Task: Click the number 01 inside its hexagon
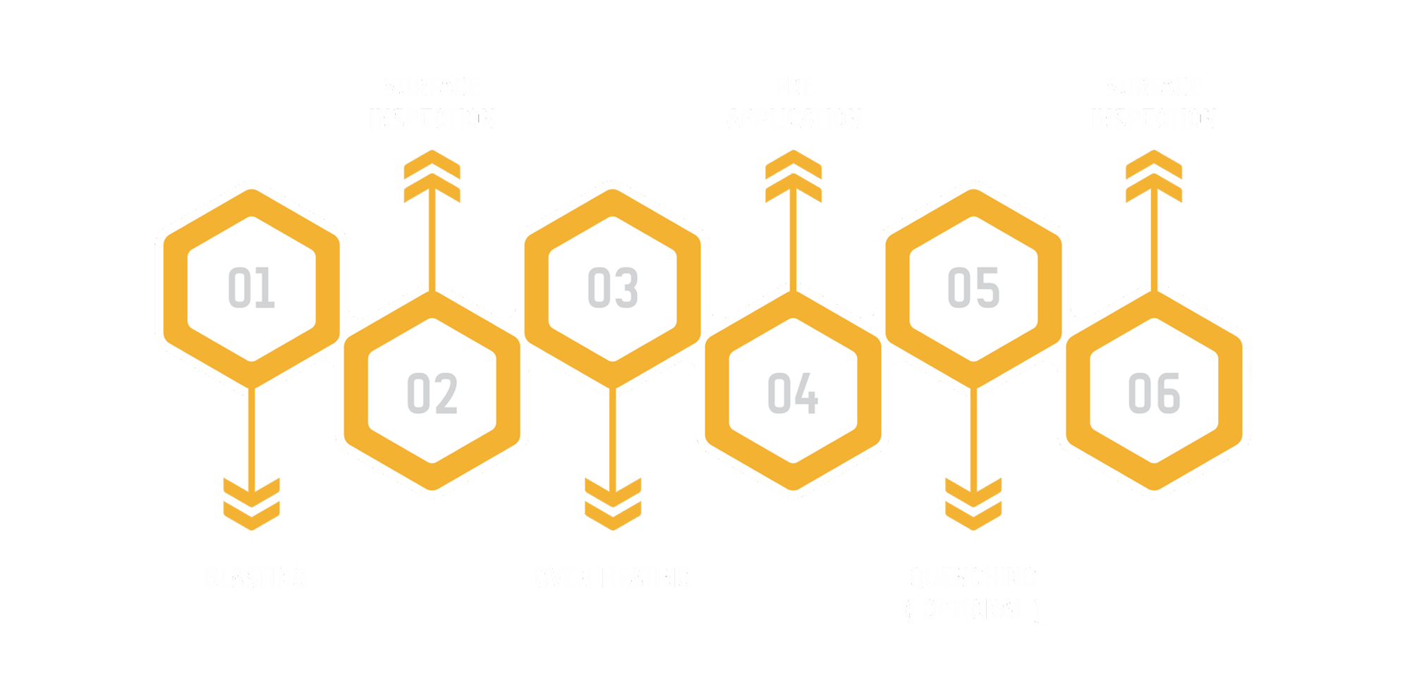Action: (x=251, y=288)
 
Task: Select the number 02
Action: (x=432, y=393)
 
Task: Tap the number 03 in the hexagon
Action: (x=612, y=288)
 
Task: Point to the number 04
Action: (x=793, y=393)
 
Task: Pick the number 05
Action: (x=973, y=288)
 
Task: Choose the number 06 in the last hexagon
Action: (x=1154, y=393)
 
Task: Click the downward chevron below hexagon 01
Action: (x=251, y=502)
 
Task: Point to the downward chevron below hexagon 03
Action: (x=612, y=502)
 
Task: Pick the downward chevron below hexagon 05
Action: (x=973, y=502)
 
